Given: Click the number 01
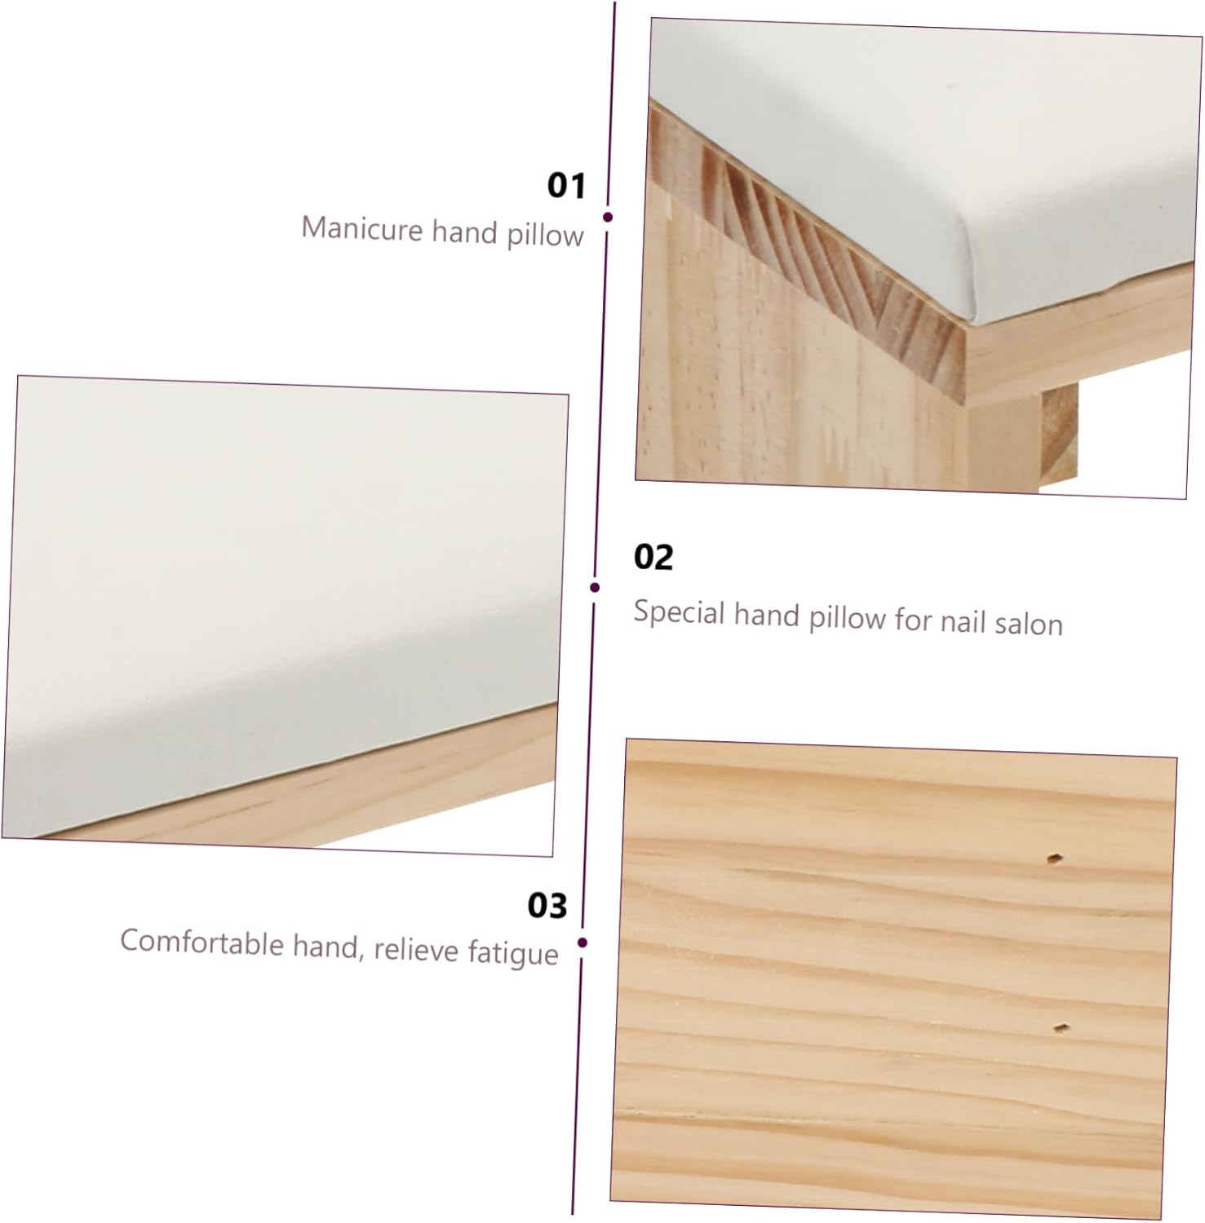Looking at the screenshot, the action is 566,185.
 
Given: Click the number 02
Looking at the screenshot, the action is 653,558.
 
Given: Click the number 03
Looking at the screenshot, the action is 547,906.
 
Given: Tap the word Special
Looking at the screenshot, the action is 680,613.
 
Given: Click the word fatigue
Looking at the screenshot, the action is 513,953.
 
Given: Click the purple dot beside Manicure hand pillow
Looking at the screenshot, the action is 608,217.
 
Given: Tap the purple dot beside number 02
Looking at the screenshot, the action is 595,587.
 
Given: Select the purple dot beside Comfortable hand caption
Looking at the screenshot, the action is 583,943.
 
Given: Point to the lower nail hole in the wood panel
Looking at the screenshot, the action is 1061,1027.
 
